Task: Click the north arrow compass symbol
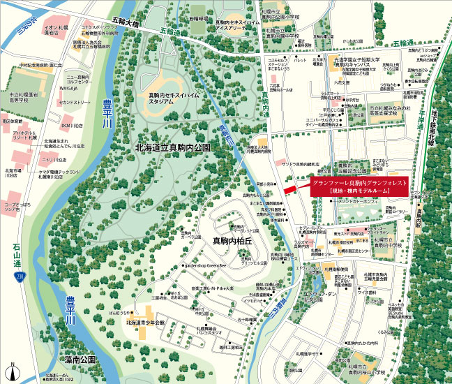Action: click(x=12, y=369)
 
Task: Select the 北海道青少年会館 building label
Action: click(x=145, y=323)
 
